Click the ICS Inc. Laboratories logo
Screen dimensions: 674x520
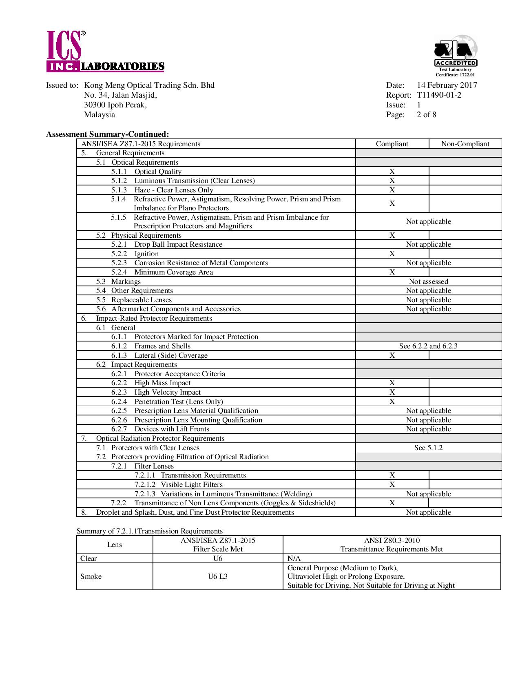coord(105,52)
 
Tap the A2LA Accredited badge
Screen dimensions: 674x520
coord(455,55)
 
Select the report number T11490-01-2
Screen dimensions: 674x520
coord(439,95)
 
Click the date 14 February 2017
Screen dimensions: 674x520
coord(447,85)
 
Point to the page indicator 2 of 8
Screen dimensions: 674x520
coord(426,115)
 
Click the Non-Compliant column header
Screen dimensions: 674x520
coord(465,144)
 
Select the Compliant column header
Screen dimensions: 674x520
coord(392,144)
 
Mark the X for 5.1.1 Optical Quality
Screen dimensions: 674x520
coord(392,172)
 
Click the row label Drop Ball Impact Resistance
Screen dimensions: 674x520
coord(178,244)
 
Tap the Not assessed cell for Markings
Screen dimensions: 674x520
coord(428,281)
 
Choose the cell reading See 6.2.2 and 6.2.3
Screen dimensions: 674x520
coord(428,346)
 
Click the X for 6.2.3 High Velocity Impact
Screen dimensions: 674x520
coord(392,392)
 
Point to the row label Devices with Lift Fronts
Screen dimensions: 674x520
coord(172,429)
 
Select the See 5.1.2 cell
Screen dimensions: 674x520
coord(428,448)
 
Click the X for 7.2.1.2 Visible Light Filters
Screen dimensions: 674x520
coord(392,484)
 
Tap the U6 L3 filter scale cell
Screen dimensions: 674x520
coord(218,576)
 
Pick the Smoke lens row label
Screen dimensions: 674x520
coord(91,576)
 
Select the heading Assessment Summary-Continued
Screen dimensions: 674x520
coord(108,134)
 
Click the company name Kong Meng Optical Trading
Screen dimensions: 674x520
coord(149,85)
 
